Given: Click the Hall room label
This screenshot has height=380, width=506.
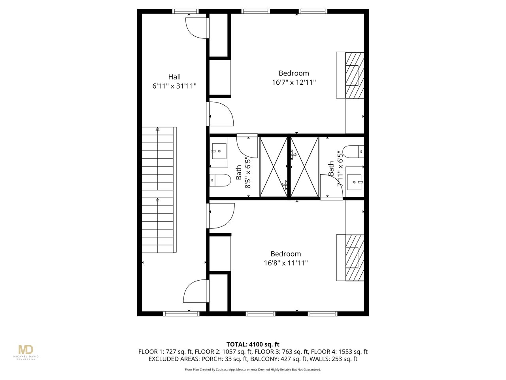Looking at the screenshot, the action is point(174,77).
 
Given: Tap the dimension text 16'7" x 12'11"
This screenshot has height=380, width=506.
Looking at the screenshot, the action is point(294,82).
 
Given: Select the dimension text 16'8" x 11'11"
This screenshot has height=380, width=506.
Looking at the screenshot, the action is point(286,263).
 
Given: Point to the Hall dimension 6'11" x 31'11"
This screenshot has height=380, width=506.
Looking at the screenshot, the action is point(174,86).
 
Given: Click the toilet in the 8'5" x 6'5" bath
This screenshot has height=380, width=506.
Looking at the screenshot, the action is point(220,180).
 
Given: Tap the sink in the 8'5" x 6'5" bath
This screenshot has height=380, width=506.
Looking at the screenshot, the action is point(219,151).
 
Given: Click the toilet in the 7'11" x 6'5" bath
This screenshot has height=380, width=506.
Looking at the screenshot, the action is point(353,152).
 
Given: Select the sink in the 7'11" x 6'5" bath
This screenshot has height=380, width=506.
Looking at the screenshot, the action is point(355,182).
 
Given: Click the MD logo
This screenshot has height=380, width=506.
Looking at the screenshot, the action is point(26,350).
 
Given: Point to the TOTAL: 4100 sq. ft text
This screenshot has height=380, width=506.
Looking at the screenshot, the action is point(253,344).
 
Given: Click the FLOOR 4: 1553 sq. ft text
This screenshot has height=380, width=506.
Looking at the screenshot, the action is point(339,351).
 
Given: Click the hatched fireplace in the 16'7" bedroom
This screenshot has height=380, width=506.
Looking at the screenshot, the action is point(355,76).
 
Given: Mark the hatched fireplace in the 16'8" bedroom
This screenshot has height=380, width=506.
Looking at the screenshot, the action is point(355,258).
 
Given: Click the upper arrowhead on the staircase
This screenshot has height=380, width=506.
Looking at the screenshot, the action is point(157,129).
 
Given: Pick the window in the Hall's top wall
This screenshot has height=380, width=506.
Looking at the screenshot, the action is point(185,11).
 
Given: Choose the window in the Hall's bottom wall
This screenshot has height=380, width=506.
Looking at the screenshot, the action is point(181,313).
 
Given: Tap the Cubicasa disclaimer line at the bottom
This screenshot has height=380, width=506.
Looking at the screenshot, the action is point(253,370).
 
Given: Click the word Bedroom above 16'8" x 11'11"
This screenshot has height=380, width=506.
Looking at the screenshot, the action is point(286,254).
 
